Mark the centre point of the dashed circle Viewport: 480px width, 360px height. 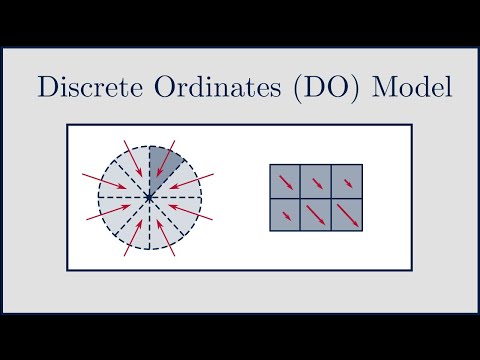tap(149, 199)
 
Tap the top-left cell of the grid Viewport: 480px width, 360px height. tap(286, 182)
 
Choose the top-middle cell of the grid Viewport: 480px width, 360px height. tap(317, 182)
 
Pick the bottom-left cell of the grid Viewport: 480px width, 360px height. tap(286, 215)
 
